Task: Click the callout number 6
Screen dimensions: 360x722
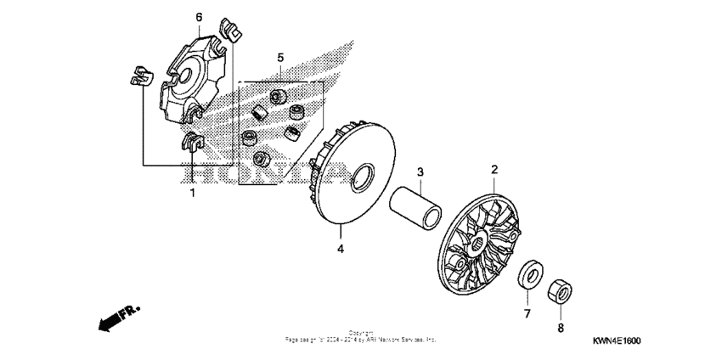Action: tap(199, 16)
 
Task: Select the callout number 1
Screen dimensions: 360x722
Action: tap(192, 193)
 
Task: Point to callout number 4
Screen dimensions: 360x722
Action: tap(340, 249)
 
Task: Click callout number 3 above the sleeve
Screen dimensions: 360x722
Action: tap(419, 172)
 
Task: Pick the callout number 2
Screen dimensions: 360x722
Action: tap(494, 170)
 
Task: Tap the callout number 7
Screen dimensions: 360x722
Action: tap(527, 314)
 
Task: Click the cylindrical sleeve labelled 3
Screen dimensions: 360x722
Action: tap(417, 211)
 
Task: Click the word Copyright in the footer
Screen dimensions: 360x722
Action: tap(360, 332)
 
